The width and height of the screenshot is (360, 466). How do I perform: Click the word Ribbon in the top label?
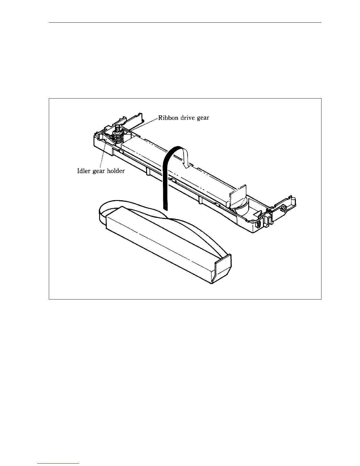(167, 118)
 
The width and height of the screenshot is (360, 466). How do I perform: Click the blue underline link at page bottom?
(59, 464)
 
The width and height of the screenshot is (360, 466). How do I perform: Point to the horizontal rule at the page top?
(185, 22)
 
